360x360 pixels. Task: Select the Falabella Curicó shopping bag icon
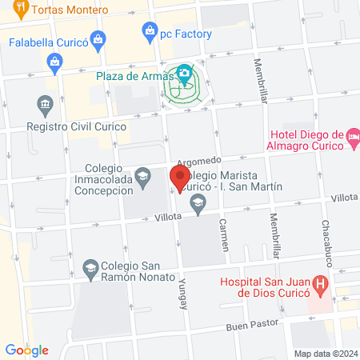click(98, 38)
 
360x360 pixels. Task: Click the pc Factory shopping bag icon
click(149, 31)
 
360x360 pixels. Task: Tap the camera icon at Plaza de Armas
click(185, 74)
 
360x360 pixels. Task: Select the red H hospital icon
click(320, 283)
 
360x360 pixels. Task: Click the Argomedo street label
click(197, 161)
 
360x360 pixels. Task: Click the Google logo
click(26, 350)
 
